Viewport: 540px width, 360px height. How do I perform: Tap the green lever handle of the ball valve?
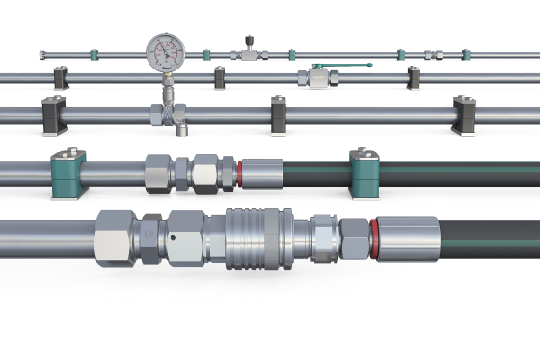click(x=344, y=67)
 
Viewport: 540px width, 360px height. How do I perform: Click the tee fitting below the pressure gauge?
click(x=168, y=113)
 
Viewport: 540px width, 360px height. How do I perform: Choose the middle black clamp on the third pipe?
click(x=279, y=114)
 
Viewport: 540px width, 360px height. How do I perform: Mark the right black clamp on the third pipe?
click(x=464, y=113)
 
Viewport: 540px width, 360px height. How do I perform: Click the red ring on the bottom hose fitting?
click(x=371, y=237)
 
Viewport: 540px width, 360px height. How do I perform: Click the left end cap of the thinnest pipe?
click(x=42, y=55)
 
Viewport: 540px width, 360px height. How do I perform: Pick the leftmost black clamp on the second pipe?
click(x=61, y=77)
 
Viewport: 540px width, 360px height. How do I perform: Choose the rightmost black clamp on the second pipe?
click(x=414, y=77)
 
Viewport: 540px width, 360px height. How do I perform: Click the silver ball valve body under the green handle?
click(x=317, y=77)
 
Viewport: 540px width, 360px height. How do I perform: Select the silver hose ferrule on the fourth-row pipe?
click(x=261, y=174)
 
